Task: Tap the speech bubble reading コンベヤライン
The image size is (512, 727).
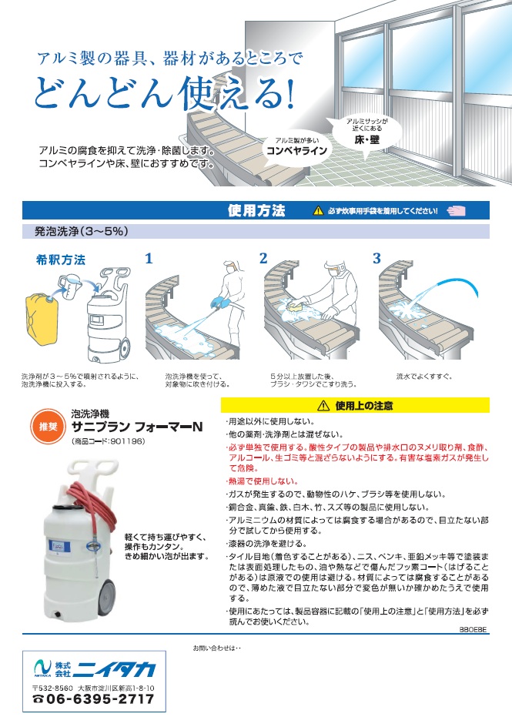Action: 296,147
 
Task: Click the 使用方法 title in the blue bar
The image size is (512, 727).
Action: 256,210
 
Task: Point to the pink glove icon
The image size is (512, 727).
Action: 457,210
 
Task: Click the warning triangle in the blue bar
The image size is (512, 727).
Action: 318,211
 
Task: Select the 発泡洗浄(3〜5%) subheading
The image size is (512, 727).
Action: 82,231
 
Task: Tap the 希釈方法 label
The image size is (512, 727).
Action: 61,260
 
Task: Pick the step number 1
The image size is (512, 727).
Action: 149,258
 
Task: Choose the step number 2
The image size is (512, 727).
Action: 263,258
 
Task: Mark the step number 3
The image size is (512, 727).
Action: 376,258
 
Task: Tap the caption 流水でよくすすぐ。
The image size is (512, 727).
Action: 424,377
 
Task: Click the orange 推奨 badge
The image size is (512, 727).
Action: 48,427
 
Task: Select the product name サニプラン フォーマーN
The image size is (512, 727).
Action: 137,427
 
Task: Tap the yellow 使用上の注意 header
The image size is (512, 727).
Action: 355,406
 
